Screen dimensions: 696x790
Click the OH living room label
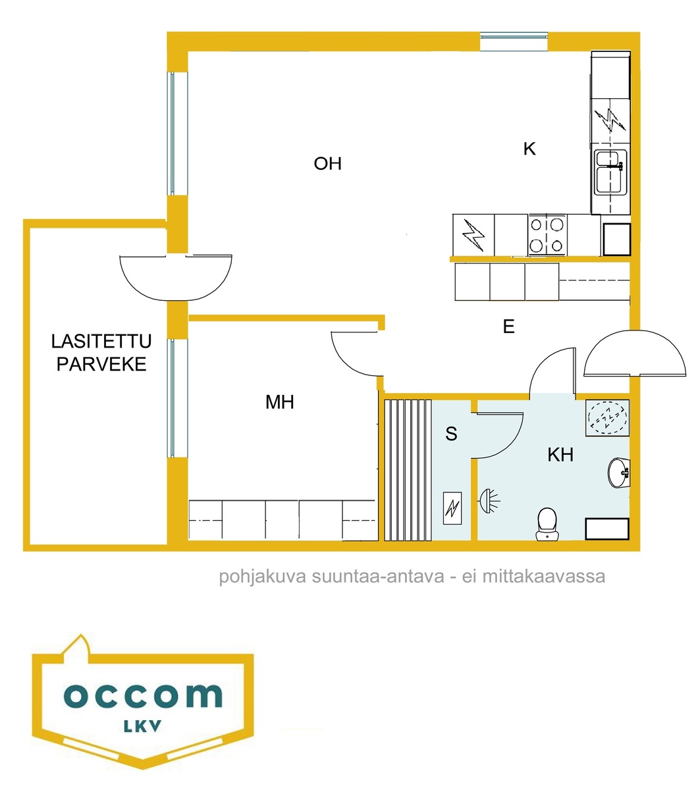click(328, 164)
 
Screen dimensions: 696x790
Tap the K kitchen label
click(529, 149)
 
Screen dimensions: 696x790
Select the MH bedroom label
click(279, 402)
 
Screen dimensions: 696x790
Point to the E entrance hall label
click(509, 327)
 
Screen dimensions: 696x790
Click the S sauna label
click(452, 434)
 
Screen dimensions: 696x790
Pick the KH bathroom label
click(560, 455)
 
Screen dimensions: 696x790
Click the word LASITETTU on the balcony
click(101, 341)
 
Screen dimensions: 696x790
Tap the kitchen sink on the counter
click(610, 172)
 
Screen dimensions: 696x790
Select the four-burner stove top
click(547, 235)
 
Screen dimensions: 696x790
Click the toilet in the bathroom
click(547, 523)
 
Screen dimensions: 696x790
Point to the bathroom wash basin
click(619, 473)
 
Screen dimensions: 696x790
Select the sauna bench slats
click(408, 470)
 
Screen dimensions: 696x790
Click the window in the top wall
click(514, 41)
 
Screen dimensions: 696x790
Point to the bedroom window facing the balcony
click(178, 398)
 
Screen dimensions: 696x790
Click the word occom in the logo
click(143, 695)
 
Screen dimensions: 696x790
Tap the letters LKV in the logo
click(142, 726)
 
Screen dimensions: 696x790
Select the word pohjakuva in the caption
click(263, 576)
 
